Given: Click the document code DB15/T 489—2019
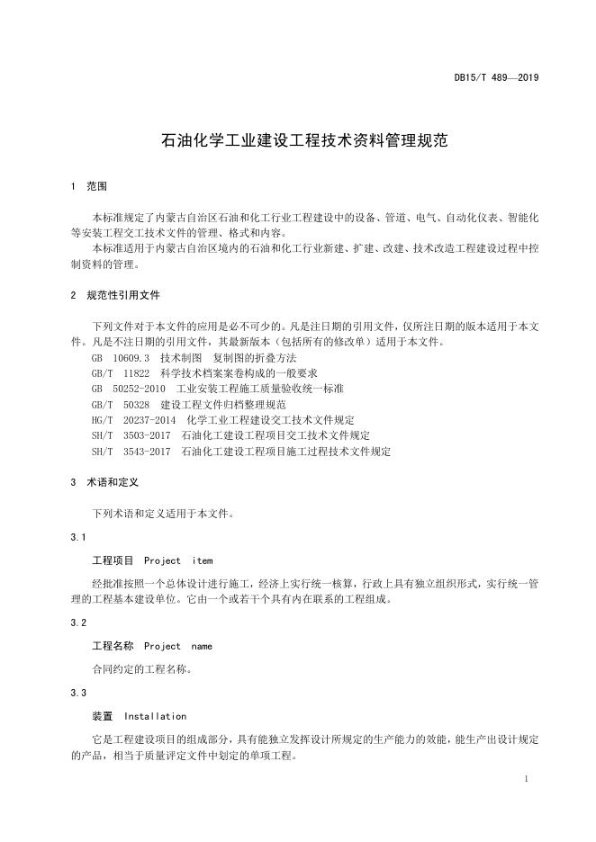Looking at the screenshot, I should (x=495, y=78).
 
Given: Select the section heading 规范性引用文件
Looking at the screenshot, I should (x=122, y=294).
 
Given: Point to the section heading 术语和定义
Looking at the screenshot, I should (x=113, y=482).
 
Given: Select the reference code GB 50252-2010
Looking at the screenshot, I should (x=129, y=389).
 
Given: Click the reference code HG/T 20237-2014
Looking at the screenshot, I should (x=133, y=420).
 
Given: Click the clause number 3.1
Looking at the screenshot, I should (x=77, y=538).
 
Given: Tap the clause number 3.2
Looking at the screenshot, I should (x=77, y=623).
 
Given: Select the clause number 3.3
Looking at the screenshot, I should (x=77, y=693).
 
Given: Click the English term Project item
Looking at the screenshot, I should (x=178, y=560).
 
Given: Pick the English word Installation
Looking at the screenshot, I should (x=155, y=716).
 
